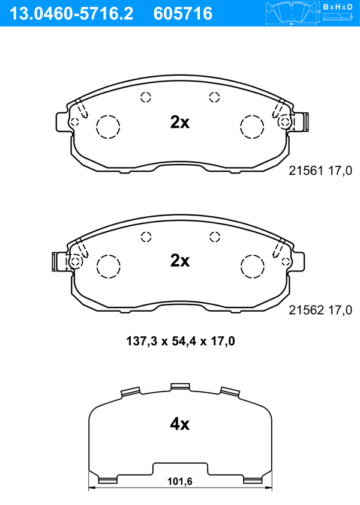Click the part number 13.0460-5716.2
pyautogui.click(x=71, y=14)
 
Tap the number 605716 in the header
pyautogui.click(x=183, y=14)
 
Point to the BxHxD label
pyautogui.click(x=337, y=7)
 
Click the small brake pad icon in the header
pyautogui.click(x=292, y=14)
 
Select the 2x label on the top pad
pyautogui.click(x=180, y=122)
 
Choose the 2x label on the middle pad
pyautogui.click(x=180, y=261)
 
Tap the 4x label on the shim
pyautogui.click(x=180, y=424)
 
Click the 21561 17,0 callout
pyautogui.click(x=320, y=171)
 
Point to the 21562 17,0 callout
pyautogui.click(x=320, y=310)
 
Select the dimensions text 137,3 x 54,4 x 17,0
pyautogui.click(x=181, y=340)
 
